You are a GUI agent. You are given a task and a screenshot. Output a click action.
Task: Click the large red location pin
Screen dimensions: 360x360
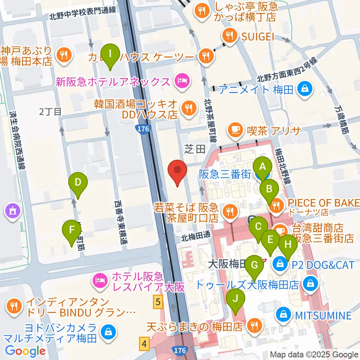178,172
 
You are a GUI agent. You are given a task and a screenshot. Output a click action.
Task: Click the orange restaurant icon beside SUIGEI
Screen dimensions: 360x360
229,36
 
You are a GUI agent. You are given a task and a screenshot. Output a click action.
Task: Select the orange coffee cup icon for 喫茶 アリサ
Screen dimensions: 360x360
235,130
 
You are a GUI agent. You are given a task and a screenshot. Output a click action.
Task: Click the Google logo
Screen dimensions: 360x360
25,351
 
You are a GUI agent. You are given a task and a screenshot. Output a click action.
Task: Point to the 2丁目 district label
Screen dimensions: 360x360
50,111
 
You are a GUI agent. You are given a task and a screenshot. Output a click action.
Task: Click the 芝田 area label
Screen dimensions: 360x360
195,149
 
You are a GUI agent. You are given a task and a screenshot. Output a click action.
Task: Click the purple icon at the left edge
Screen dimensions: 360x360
12,211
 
